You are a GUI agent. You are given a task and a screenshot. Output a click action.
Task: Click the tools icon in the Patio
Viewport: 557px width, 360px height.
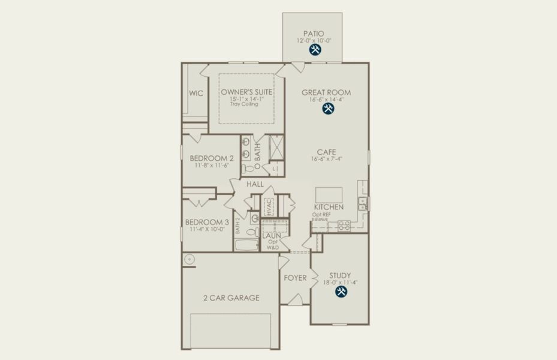click(314, 51)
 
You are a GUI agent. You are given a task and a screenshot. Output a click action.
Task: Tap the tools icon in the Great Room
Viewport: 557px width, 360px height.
click(327, 109)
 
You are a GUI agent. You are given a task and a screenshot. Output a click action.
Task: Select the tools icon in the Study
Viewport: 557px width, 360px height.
click(341, 292)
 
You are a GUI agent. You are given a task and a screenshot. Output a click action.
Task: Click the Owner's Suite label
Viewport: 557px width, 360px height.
click(246, 92)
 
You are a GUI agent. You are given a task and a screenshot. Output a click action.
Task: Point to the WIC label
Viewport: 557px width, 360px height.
click(196, 94)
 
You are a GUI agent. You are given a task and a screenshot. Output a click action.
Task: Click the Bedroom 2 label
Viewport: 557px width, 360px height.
click(211, 158)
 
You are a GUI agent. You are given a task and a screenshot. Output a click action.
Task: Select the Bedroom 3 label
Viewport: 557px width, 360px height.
click(207, 221)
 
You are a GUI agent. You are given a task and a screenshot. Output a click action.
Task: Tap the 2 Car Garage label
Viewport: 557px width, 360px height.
click(231, 298)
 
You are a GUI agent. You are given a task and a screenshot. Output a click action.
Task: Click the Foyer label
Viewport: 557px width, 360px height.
click(295, 278)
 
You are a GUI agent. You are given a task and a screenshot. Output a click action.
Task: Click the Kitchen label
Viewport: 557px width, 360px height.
click(329, 207)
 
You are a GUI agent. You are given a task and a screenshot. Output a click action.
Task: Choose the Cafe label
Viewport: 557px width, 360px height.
click(326, 152)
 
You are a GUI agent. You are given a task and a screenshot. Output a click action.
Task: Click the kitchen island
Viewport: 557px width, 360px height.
click(329, 195)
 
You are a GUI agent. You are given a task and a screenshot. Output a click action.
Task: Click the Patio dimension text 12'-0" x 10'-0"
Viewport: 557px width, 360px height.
click(314, 40)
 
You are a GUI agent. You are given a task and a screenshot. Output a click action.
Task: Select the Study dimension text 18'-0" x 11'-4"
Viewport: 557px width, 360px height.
click(340, 282)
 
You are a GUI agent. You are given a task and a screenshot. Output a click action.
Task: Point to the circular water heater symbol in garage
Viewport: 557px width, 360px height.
click(189, 259)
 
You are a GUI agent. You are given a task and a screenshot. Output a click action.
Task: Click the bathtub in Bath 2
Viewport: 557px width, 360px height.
click(246, 245)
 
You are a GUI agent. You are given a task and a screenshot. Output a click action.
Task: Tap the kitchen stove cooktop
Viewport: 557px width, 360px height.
click(344, 225)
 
